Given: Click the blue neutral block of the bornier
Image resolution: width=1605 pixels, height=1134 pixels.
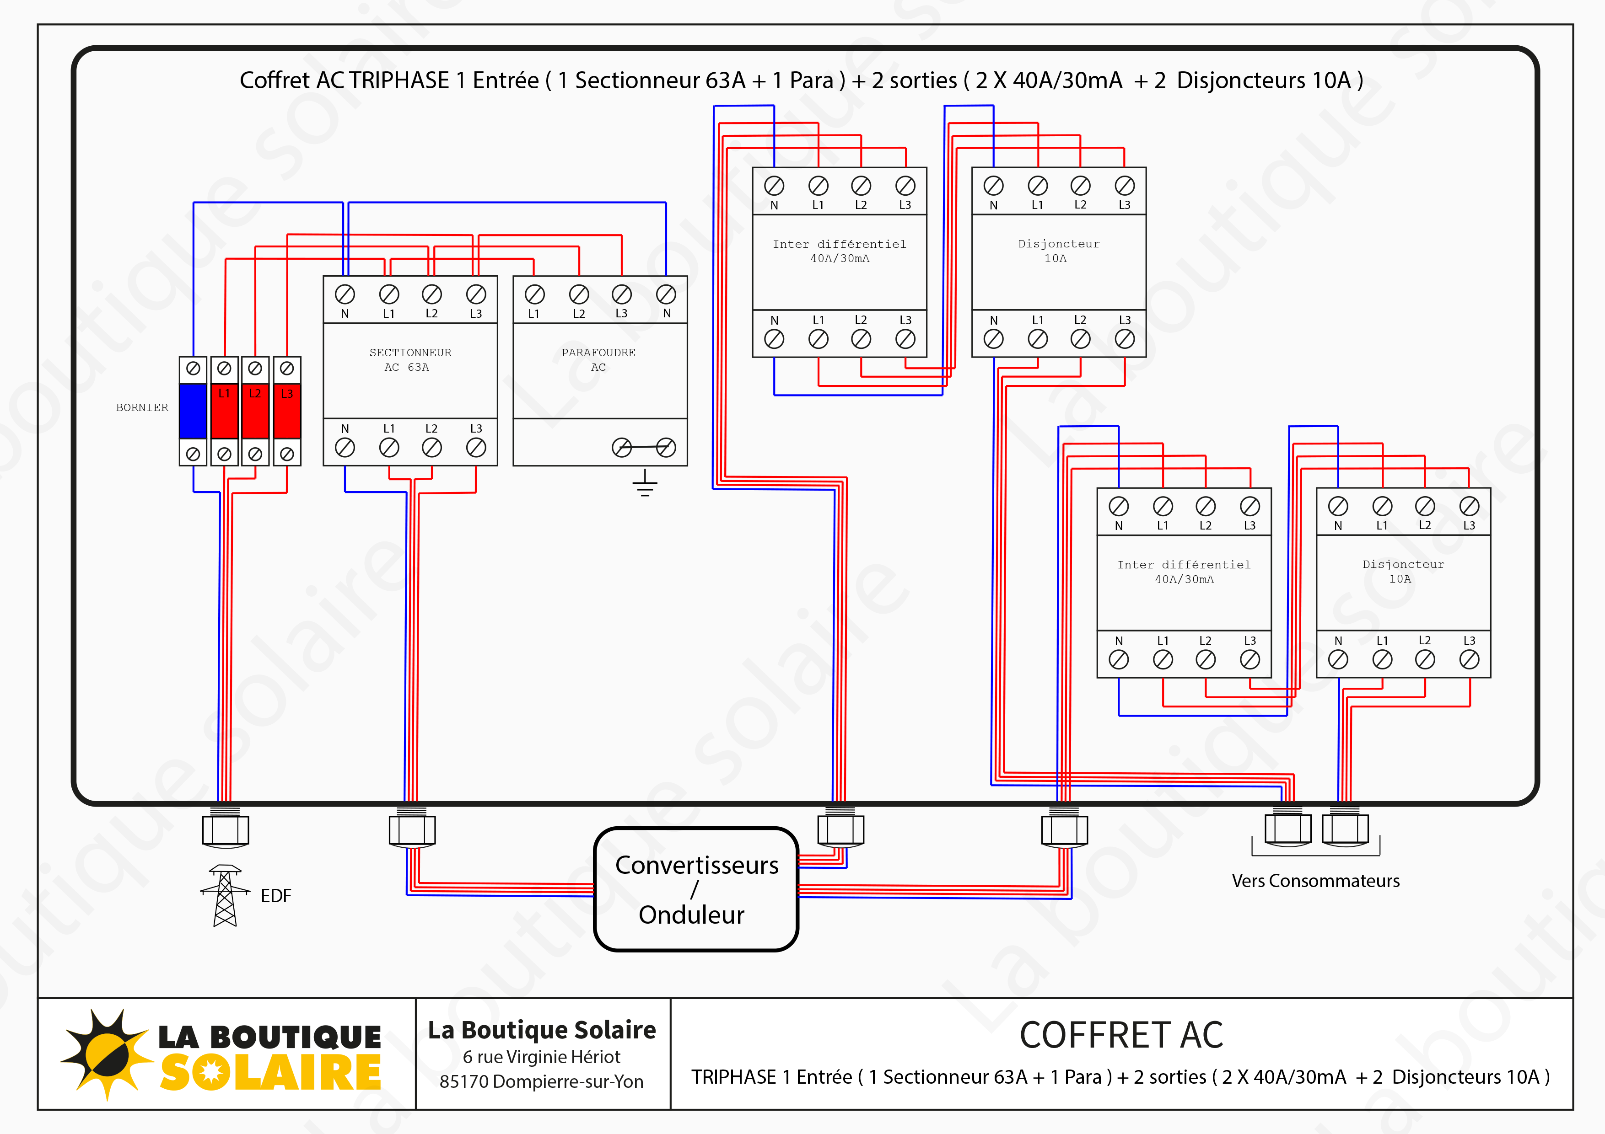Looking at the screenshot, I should click(193, 411).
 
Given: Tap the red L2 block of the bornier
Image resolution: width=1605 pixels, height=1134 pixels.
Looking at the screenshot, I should click(255, 411).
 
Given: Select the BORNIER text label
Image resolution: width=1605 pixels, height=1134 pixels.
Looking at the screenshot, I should click(142, 407).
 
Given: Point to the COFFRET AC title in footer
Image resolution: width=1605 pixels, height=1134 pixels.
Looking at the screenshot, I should click(1121, 1035).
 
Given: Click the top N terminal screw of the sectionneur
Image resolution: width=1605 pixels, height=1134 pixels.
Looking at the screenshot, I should click(345, 294).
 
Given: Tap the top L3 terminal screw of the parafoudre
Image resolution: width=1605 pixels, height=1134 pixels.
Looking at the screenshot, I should click(621, 294).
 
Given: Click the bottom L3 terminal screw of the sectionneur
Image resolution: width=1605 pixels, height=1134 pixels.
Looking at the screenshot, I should click(476, 447).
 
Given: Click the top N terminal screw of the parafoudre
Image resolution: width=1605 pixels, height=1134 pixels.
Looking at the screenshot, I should click(666, 294).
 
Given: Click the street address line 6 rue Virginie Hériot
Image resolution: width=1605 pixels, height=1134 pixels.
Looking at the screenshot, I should click(541, 1056).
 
